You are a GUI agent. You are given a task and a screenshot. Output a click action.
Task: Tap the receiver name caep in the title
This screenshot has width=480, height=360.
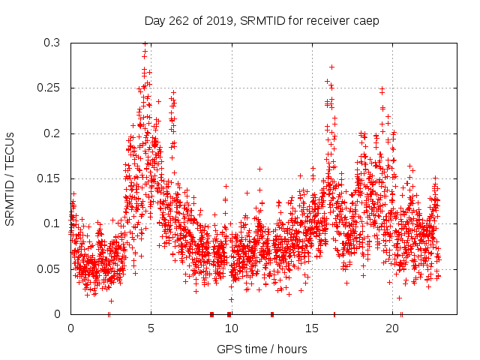(x=367, y=21)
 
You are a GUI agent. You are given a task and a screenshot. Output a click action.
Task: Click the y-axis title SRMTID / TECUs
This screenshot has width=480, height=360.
(x=10, y=178)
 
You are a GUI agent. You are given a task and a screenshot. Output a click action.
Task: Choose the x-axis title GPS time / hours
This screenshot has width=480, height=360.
(x=262, y=349)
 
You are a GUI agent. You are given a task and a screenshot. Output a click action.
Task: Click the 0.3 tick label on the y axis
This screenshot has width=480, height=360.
(x=52, y=43)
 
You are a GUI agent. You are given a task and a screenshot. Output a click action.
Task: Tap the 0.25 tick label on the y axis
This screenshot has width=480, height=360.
(x=49, y=88)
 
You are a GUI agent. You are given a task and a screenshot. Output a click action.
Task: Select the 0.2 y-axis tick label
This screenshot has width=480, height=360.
(x=52, y=133)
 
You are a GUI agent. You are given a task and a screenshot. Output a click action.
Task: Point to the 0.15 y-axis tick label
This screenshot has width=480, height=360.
(x=49, y=178)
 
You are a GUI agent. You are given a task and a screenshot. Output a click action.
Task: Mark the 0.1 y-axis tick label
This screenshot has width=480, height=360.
(x=52, y=223)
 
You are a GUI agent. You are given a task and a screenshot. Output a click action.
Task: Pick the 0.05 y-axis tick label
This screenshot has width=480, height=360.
(x=49, y=268)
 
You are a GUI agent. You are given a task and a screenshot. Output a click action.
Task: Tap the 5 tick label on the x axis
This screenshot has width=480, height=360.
(x=151, y=328)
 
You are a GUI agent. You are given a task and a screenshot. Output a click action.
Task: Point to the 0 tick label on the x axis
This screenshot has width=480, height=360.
(x=70, y=328)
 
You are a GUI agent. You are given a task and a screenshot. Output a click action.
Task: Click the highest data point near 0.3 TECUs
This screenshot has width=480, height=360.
(x=145, y=43)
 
